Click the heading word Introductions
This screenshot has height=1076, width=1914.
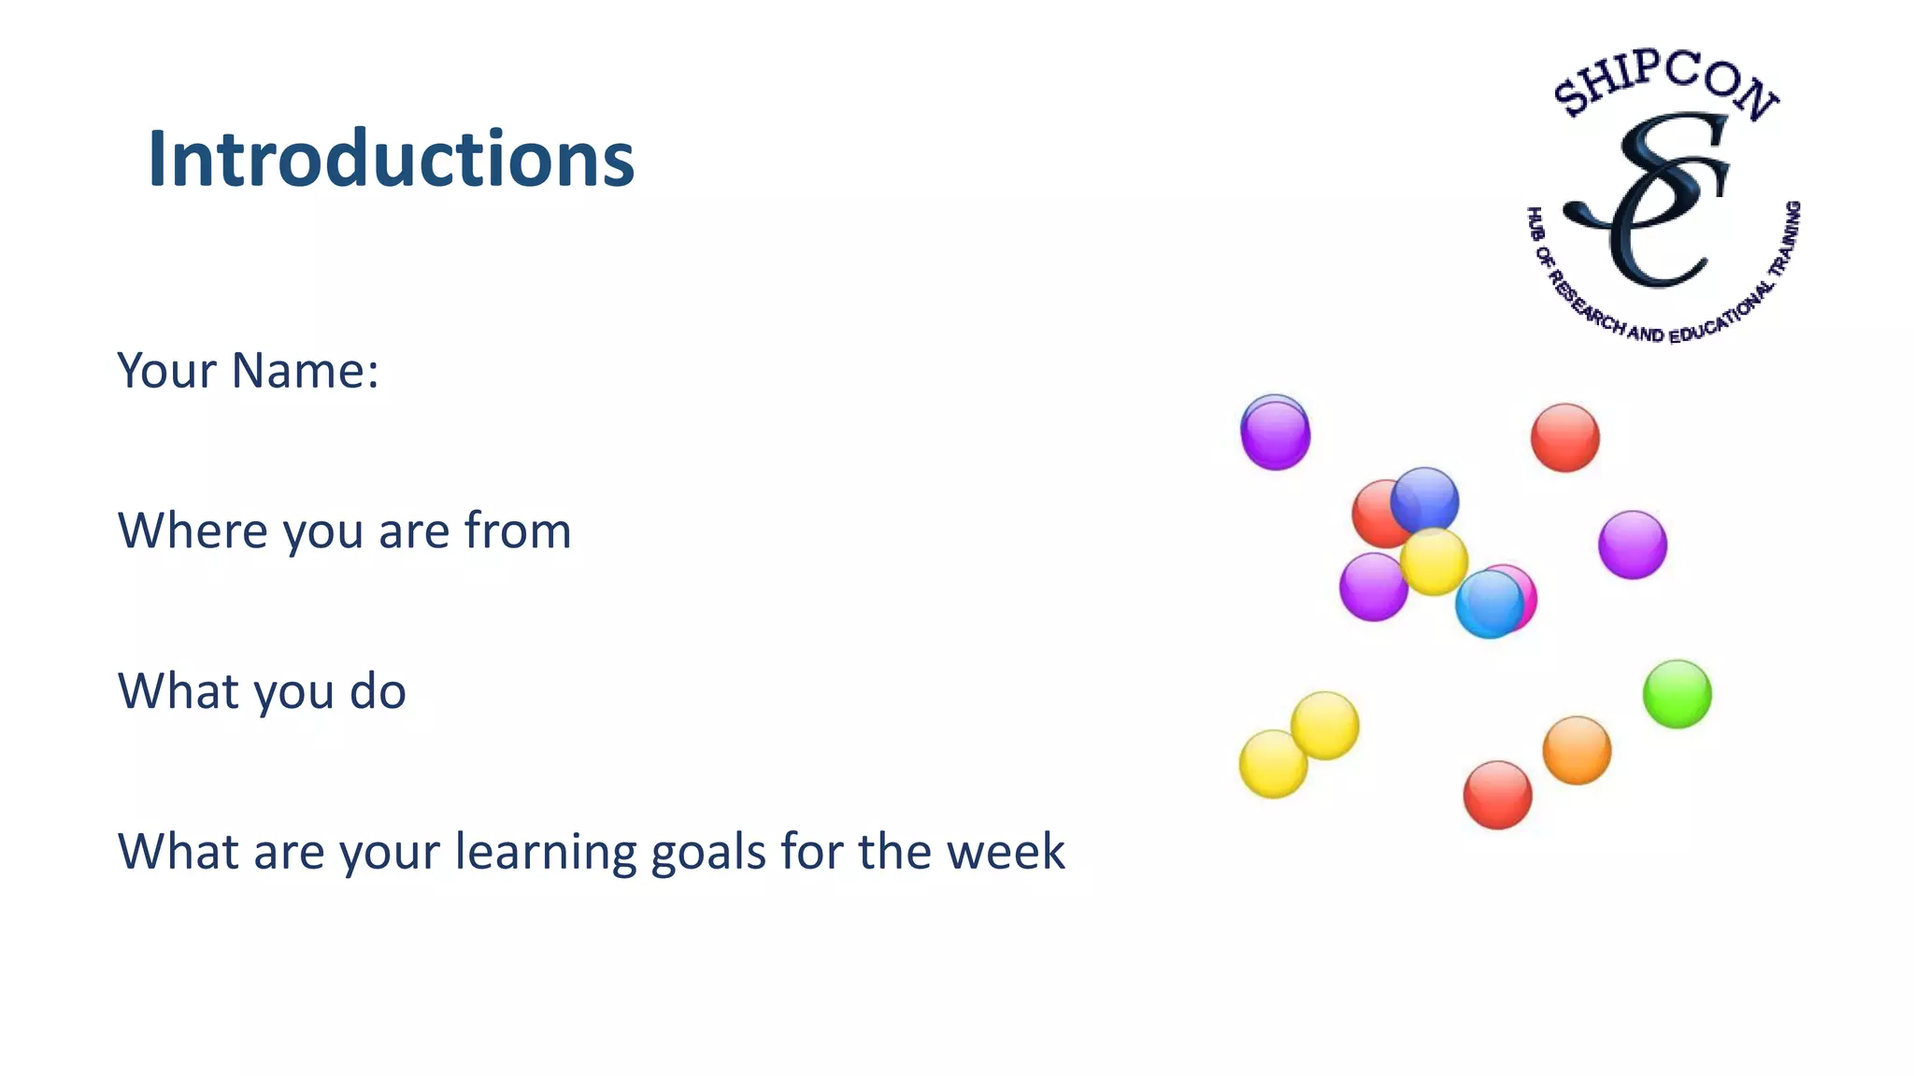point(391,160)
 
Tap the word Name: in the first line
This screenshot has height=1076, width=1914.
point(305,370)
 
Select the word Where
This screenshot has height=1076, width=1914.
point(193,531)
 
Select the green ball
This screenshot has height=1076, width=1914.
point(1677,694)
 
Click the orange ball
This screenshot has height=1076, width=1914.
point(1577,750)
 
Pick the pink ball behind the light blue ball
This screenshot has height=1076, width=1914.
point(1523,588)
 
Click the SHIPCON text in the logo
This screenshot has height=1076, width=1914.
point(1664,82)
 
